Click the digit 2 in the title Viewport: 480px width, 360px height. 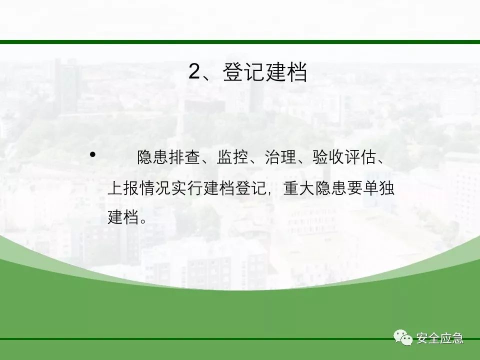tap(194, 71)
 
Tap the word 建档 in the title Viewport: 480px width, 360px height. tap(286, 72)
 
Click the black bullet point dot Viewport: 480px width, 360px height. tap(92, 154)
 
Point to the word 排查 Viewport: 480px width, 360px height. tap(184, 157)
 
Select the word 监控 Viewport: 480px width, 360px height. tap(232, 157)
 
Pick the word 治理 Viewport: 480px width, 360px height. tap(280, 157)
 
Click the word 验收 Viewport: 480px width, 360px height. tap(328, 157)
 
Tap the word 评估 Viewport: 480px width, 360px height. tap(360, 157)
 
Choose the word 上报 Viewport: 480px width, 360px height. tap(123, 187)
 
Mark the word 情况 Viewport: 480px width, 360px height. tap(155, 187)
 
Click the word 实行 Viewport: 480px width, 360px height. tap(187, 187)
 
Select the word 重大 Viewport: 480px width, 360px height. tap(299, 187)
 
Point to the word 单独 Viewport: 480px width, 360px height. tap(378, 187)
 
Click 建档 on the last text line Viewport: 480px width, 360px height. tap(123, 217)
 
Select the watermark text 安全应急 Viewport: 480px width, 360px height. tap(439, 338)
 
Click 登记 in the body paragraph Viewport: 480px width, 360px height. tap(251, 187)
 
